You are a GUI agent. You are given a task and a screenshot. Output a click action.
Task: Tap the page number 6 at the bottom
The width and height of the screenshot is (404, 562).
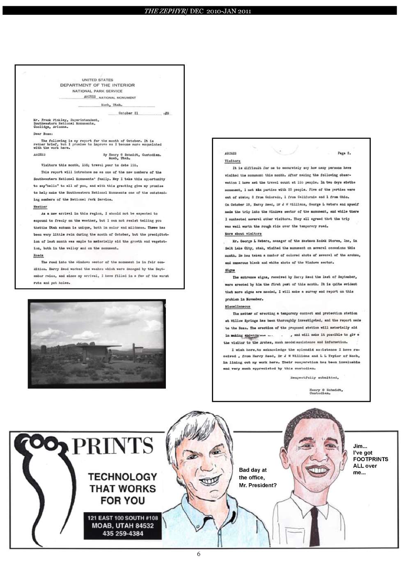point(199,554)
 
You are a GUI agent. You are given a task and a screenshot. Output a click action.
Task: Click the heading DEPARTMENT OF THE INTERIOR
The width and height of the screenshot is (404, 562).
point(97,85)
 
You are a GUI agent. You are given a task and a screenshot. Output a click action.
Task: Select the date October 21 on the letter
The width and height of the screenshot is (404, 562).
point(128,113)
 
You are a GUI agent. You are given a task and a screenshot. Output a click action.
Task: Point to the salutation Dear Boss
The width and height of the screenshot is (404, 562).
point(43,134)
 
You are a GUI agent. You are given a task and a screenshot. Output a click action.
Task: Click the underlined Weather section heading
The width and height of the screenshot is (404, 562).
point(40,207)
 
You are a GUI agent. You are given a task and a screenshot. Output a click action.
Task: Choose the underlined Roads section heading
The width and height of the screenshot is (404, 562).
point(38,255)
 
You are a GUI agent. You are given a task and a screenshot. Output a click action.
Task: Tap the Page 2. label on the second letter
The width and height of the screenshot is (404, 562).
point(344,153)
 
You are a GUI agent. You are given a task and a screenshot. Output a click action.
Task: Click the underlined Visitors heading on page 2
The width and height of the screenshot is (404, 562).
point(232,161)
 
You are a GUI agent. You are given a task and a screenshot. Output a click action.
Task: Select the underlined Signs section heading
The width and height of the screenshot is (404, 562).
point(230,270)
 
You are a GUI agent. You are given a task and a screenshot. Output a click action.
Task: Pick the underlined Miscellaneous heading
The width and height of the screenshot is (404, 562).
point(238,307)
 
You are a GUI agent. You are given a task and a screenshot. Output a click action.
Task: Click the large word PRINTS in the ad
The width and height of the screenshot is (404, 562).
point(112,446)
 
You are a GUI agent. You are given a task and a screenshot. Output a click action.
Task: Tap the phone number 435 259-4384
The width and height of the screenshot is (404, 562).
point(123,534)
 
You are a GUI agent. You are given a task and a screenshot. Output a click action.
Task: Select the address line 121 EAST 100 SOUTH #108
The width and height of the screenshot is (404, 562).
point(123,518)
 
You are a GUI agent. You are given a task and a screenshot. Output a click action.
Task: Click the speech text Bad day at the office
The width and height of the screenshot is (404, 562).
point(257,477)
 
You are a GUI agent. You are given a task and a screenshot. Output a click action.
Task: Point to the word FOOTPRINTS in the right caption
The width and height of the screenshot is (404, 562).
point(370,459)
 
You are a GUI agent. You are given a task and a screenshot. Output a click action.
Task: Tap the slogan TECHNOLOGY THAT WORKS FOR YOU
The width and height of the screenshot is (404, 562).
point(122,489)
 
